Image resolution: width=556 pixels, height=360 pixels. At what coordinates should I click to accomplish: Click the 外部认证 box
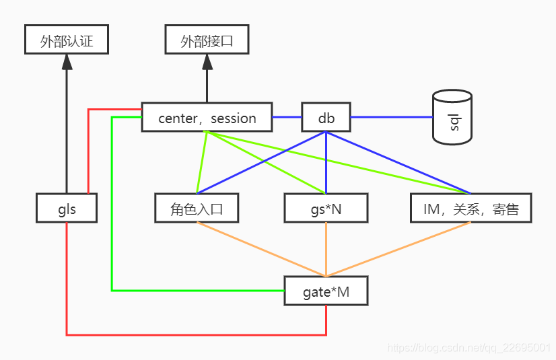[66, 40]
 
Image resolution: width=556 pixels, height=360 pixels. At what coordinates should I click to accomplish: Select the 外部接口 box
[207, 40]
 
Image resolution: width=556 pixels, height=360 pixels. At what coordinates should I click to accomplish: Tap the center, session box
[207, 118]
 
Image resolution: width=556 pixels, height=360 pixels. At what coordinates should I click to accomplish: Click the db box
[326, 118]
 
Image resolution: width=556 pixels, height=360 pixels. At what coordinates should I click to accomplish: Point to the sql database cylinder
[452, 119]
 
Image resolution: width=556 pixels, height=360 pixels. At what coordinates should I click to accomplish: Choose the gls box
[66, 209]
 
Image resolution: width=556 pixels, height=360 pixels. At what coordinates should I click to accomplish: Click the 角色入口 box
[197, 209]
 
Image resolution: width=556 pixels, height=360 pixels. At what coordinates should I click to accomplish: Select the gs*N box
[326, 209]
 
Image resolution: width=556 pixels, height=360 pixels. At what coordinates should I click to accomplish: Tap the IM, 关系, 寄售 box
[471, 209]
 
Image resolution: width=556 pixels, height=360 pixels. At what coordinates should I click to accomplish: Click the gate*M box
[326, 291]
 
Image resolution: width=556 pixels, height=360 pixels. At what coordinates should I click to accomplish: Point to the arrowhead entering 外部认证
[66, 62]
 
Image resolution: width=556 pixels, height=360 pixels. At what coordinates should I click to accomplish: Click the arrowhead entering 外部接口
[207, 62]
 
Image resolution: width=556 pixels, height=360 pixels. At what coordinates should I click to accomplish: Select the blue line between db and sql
[390, 117]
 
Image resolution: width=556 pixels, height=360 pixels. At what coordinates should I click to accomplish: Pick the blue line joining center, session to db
[286, 117]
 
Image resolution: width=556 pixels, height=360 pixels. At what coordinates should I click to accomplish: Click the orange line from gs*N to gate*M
[326, 249]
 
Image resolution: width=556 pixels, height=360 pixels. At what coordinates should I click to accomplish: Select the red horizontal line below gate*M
[195, 334]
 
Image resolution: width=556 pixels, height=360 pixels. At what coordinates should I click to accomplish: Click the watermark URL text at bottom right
[469, 347]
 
